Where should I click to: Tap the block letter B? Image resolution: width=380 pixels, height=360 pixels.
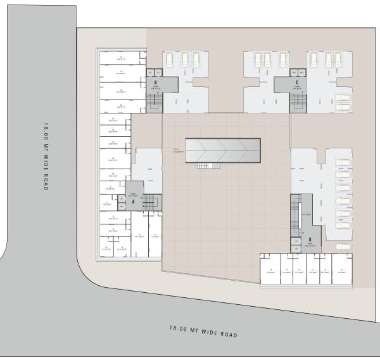pyautogui.click(x=155, y=82)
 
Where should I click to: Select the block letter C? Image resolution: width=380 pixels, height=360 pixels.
pyautogui.click(x=297, y=82)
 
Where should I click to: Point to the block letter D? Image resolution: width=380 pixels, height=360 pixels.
pyautogui.click(x=310, y=240)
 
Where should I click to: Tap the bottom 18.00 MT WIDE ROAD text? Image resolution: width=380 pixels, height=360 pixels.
pyautogui.click(x=203, y=330)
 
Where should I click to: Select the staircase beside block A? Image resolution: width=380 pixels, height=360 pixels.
pyautogui.click(x=149, y=202)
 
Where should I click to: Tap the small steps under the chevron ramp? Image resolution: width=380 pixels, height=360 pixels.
pyautogui.click(x=203, y=166)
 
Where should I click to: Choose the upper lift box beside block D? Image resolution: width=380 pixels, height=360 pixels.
pyautogui.click(x=295, y=241)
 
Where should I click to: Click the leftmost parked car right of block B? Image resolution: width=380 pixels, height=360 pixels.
pyautogui.click(x=169, y=60)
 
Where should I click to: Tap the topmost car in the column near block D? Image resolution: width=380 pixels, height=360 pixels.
pyautogui.click(x=343, y=163)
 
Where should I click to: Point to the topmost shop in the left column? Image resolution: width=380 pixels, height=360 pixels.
pyautogui.click(x=121, y=60)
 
